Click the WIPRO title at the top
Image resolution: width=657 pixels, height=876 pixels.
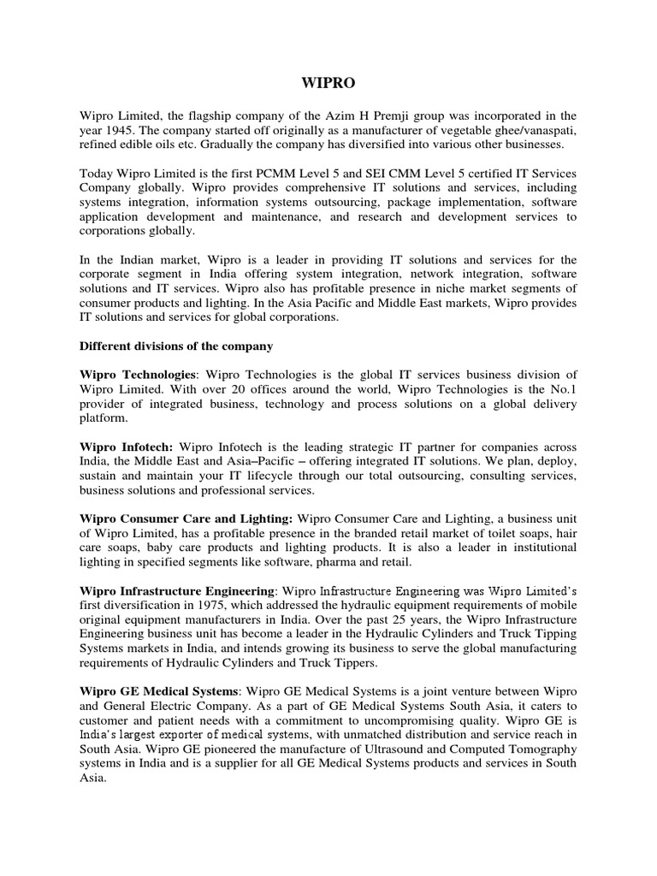(328, 83)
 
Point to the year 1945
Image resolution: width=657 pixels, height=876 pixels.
(120, 129)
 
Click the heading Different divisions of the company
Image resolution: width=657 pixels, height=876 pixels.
(176, 346)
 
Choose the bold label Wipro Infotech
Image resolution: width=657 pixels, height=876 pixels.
(126, 447)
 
